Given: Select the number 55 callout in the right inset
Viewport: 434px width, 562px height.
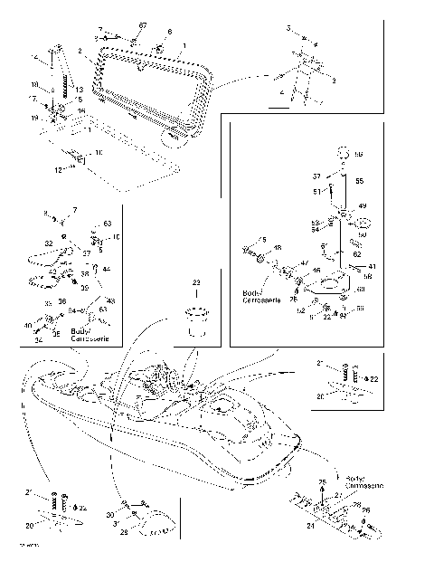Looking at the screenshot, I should [x=359, y=181].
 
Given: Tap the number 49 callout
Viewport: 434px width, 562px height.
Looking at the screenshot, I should [x=362, y=206].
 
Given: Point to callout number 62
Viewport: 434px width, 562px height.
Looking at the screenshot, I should [x=357, y=254].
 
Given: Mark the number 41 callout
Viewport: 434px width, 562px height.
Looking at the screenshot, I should [x=372, y=266].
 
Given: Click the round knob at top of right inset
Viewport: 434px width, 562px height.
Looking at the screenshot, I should [x=343, y=153].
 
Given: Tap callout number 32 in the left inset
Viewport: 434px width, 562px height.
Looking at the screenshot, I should [x=48, y=243].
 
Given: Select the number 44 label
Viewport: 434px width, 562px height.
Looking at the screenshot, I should [x=107, y=269].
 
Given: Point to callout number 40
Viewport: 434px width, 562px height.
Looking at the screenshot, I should [x=27, y=326].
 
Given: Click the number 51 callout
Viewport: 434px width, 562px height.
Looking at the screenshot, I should [x=316, y=192].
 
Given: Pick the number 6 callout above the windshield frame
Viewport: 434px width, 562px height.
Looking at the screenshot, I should [x=168, y=32].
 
